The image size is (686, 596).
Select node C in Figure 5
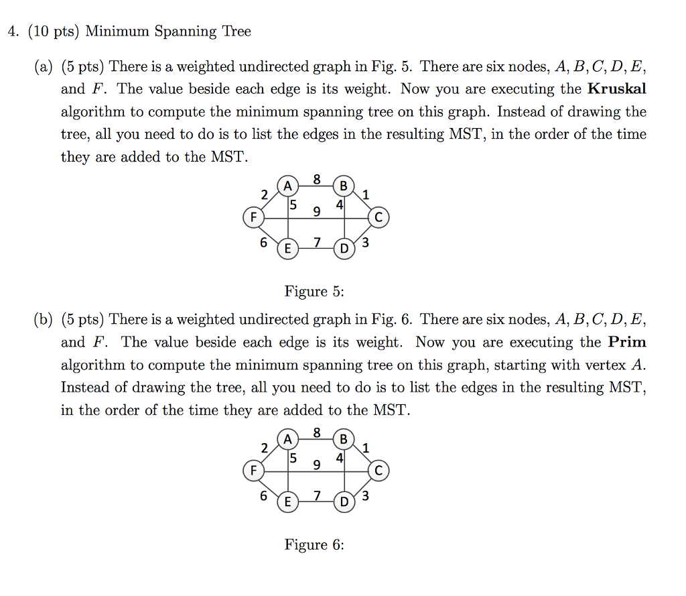(x=379, y=217)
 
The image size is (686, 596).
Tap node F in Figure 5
(x=253, y=217)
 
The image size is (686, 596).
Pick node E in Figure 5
(x=288, y=249)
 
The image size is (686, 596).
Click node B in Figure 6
(x=344, y=440)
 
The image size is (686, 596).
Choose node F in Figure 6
(x=253, y=471)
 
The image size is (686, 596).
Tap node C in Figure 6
(x=379, y=471)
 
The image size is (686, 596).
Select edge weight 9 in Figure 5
(x=317, y=212)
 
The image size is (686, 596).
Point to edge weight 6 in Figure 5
(x=264, y=242)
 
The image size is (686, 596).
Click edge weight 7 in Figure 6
(x=317, y=495)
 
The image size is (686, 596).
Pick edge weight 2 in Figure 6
(x=264, y=448)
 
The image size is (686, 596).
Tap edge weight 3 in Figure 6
(x=365, y=497)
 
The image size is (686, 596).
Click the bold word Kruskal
(x=616, y=89)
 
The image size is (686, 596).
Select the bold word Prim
(x=627, y=342)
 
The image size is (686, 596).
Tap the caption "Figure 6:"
(x=314, y=544)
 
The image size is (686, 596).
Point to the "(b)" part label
(x=43, y=320)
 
